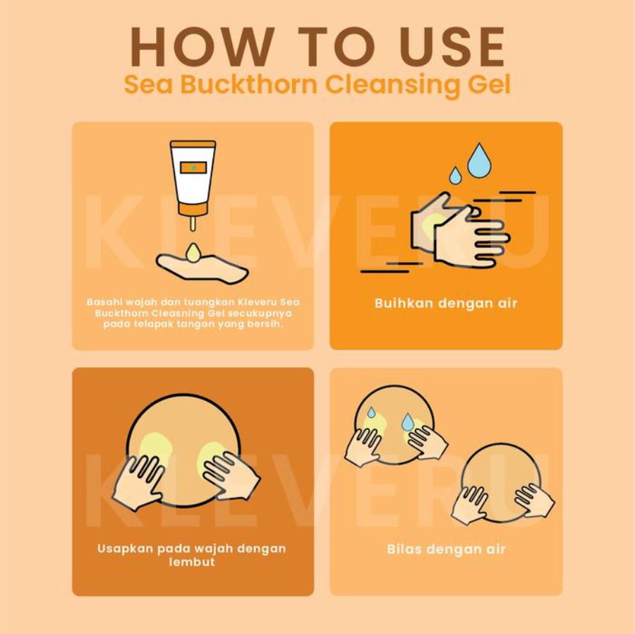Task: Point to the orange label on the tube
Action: (x=193, y=167)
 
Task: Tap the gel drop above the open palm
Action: (x=193, y=252)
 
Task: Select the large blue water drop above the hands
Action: (x=480, y=161)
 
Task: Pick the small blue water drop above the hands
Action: (x=455, y=175)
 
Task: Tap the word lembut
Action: (x=192, y=562)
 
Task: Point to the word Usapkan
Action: (x=125, y=549)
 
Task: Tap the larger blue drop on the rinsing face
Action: (x=408, y=421)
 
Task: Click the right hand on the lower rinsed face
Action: (x=535, y=501)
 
